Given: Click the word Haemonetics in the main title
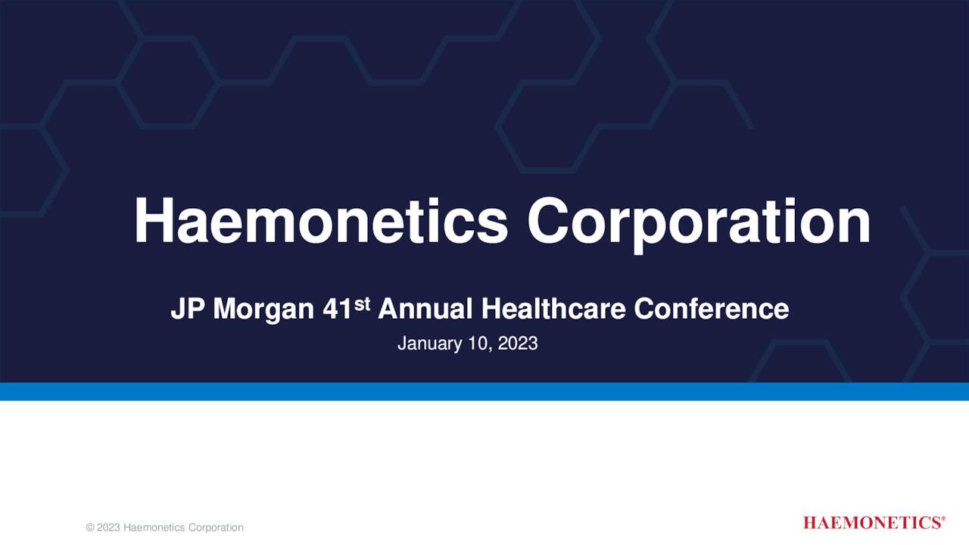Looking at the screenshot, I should click(x=321, y=221).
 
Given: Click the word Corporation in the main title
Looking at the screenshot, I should click(x=699, y=223).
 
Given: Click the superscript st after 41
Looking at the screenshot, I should click(x=363, y=304).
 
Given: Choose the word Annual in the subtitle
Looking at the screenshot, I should click(x=425, y=310).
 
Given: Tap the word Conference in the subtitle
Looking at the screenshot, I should click(x=712, y=310).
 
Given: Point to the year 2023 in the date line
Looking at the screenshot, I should click(x=518, y=344).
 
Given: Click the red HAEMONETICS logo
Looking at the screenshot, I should click(x=871, y=523).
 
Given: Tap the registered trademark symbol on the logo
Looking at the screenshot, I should click(x=943, y=519).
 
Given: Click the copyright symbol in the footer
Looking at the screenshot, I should click(x=90, y=528).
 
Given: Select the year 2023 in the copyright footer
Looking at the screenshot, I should click(x=108, y=528).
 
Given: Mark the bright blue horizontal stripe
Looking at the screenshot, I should click(x=484, y=391).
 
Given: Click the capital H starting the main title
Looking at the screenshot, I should click(x=150, y=221).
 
